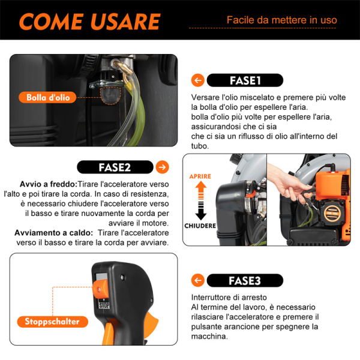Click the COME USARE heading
point(89,21)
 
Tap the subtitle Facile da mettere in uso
point(281,20)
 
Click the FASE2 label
point(114,167)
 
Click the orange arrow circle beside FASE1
point(197,80)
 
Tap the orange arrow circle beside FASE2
point(161,167)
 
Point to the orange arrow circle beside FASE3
point(197,280)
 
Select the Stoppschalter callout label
point(52,322)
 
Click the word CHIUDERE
point(200,226)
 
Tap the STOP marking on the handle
point(103,305)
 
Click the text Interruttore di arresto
point(229,297)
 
